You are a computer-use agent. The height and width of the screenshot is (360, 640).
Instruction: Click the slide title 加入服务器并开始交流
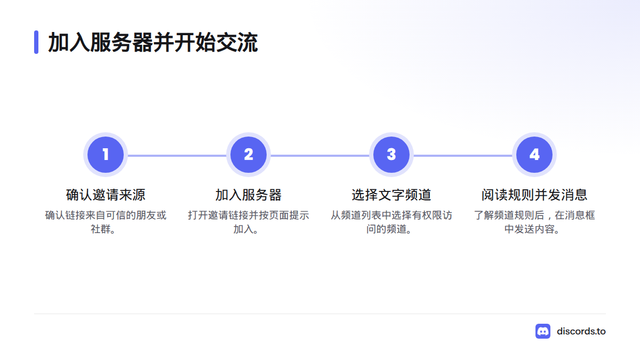pyautogui.click(x=153, y=42)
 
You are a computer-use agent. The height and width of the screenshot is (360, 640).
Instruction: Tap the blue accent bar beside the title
pyautogui.click(x=36, y=42)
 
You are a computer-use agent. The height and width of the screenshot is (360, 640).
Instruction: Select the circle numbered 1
pyautogui.click(x=106, y=155)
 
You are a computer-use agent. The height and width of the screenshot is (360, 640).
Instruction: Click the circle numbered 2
pyautogui.click(x=249, y=155)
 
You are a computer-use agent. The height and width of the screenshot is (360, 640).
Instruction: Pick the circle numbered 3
pyautogui.click(x=391, y=155)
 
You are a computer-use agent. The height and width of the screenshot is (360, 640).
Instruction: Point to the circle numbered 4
pyautogui.click(x=534, y=155)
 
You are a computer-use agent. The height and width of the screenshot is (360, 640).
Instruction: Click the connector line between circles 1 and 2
pyautogui.click(x=177, y=156)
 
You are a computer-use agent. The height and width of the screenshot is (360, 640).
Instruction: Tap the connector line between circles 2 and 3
pyautogui.click(x=320, y=156)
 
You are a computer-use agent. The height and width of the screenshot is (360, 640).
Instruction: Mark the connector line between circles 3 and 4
pyautogui.click(x=463, y=156)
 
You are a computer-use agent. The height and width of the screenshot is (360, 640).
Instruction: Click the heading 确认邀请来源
pyautogui.click(x=106, y=195)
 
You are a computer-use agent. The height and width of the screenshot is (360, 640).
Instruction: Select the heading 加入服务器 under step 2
pyautogui.click(x=249, y=195)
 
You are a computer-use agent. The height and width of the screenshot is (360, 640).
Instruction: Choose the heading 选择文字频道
pyautogui.click(x=391, y=195)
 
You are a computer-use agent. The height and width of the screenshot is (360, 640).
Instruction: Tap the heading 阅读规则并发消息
pyautogui.click(x=534, y=195)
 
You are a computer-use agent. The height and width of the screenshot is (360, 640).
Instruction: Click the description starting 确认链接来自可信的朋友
pyautogui.click(x=106, y=222)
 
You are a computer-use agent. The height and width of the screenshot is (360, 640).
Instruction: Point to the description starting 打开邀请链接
pyautogui.click(x=249, y=222)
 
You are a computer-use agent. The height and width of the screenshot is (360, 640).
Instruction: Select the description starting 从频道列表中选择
pyautogui.click(x=391, y=222)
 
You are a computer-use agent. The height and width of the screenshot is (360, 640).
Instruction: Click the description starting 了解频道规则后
pyautogui.click(x=534, y=222)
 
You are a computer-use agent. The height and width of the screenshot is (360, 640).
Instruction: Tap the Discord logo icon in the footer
pyautogui.click(x=543, y=331)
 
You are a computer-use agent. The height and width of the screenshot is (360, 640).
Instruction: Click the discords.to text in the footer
pyautogui.click(x=581, y=331)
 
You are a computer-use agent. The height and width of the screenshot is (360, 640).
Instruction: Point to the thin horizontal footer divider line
pyautogui.click(x=320, y=314)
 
